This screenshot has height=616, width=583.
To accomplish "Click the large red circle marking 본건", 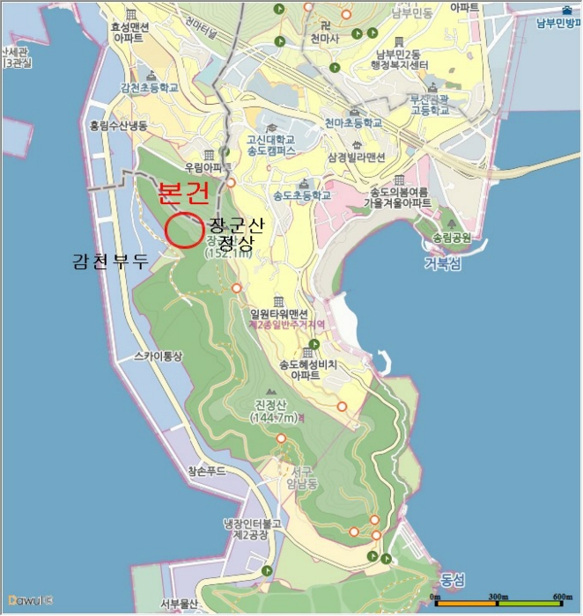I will coord(183,230).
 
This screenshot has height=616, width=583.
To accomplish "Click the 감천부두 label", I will coord(112,260).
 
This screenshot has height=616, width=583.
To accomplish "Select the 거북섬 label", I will coord(441,263).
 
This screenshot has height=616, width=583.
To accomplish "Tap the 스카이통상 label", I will coord(158,356).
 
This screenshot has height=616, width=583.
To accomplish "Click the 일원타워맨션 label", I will coord(279,314).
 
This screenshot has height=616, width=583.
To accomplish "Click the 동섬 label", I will coord(451,580).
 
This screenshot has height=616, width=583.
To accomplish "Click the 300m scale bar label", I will coord(499,598).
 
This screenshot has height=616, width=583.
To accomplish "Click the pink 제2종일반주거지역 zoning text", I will coord(286,325).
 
